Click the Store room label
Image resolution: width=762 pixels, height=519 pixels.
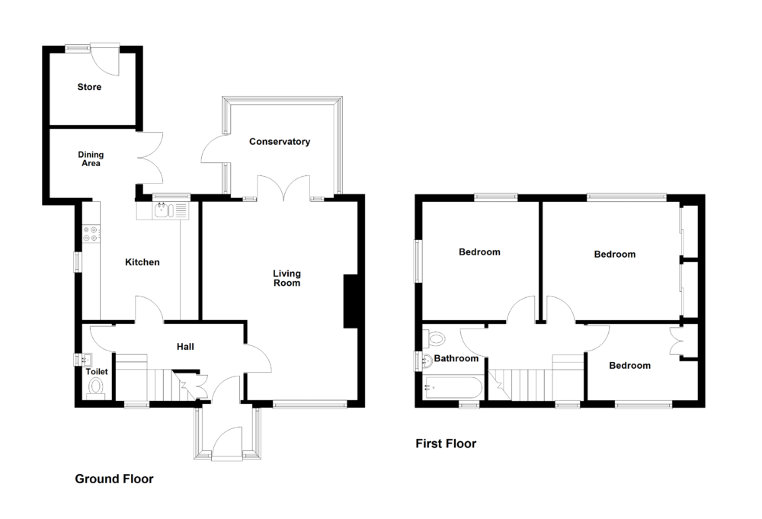click(89, 87)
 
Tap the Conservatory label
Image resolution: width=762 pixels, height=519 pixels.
click(280, 142)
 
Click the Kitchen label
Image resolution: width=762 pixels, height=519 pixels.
click(142, 262)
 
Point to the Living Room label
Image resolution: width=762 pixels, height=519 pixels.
click(287, 278)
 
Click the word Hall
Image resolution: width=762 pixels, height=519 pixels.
click(185, 347)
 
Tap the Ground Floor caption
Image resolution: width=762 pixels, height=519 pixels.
click(114, 479)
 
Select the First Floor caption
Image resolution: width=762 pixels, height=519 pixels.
click(446, 444)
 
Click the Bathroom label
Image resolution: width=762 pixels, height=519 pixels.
click(456, 358)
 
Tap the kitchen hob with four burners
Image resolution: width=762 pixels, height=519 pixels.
click(91, 233)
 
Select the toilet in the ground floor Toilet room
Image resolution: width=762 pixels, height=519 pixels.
click(96, 388)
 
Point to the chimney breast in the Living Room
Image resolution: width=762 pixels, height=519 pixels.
click(351, 301)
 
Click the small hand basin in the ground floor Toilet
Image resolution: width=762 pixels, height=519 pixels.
click(82, 359)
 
